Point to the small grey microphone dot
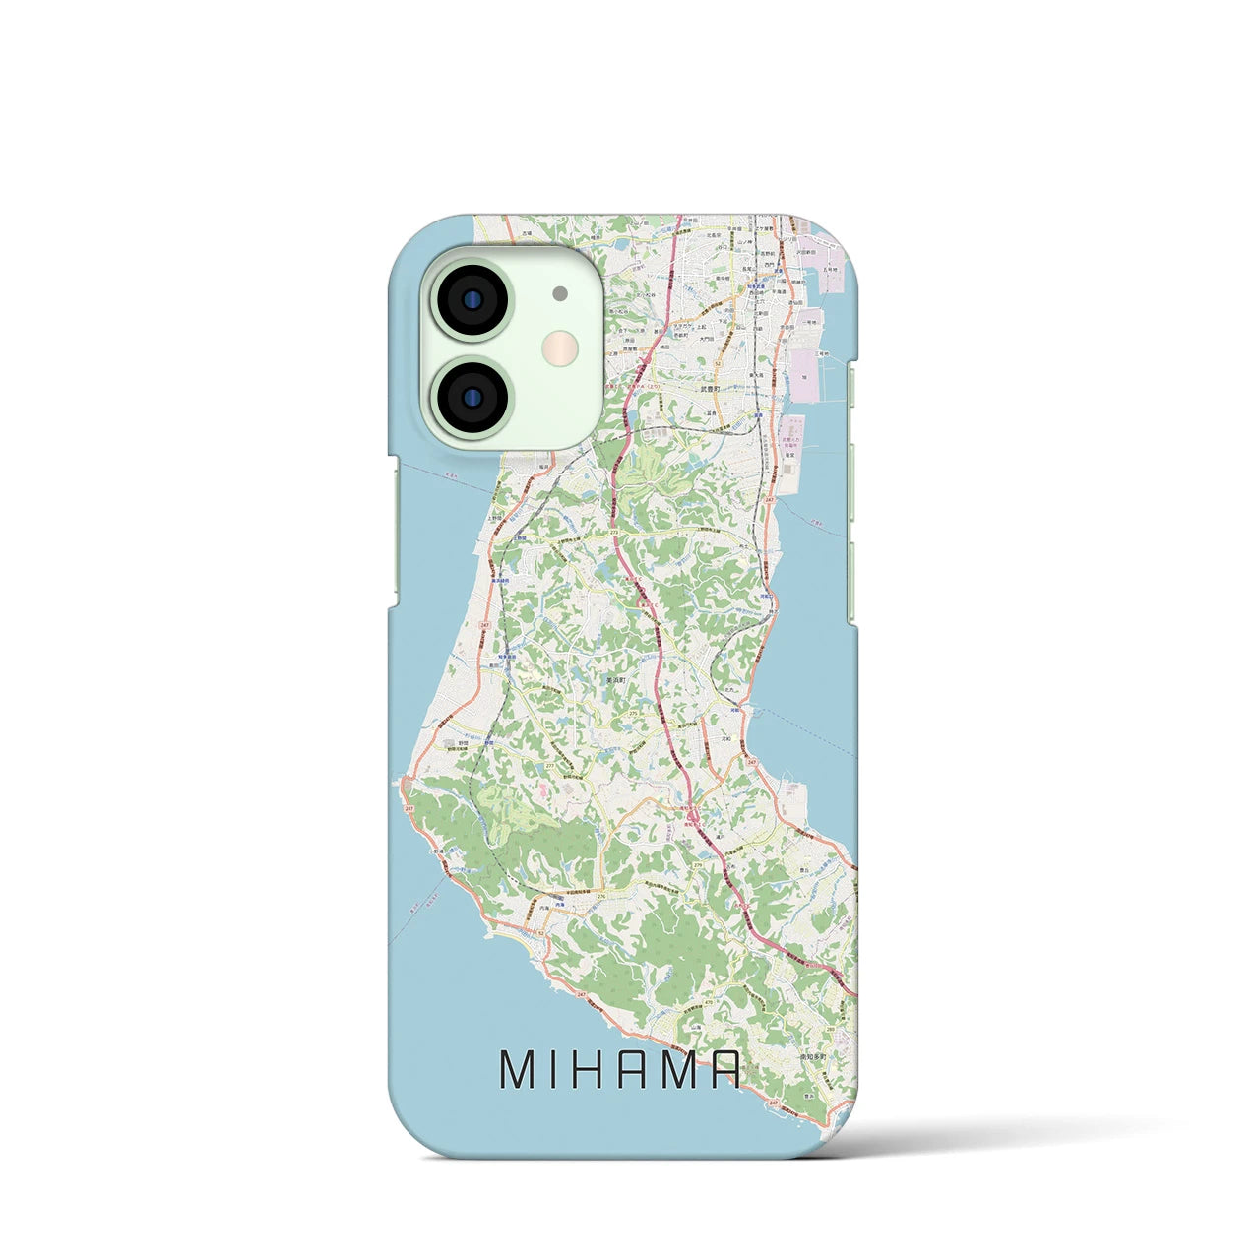tap(560, 293)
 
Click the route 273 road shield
tap(614, 532)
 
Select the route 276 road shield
tap(600, 896)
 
